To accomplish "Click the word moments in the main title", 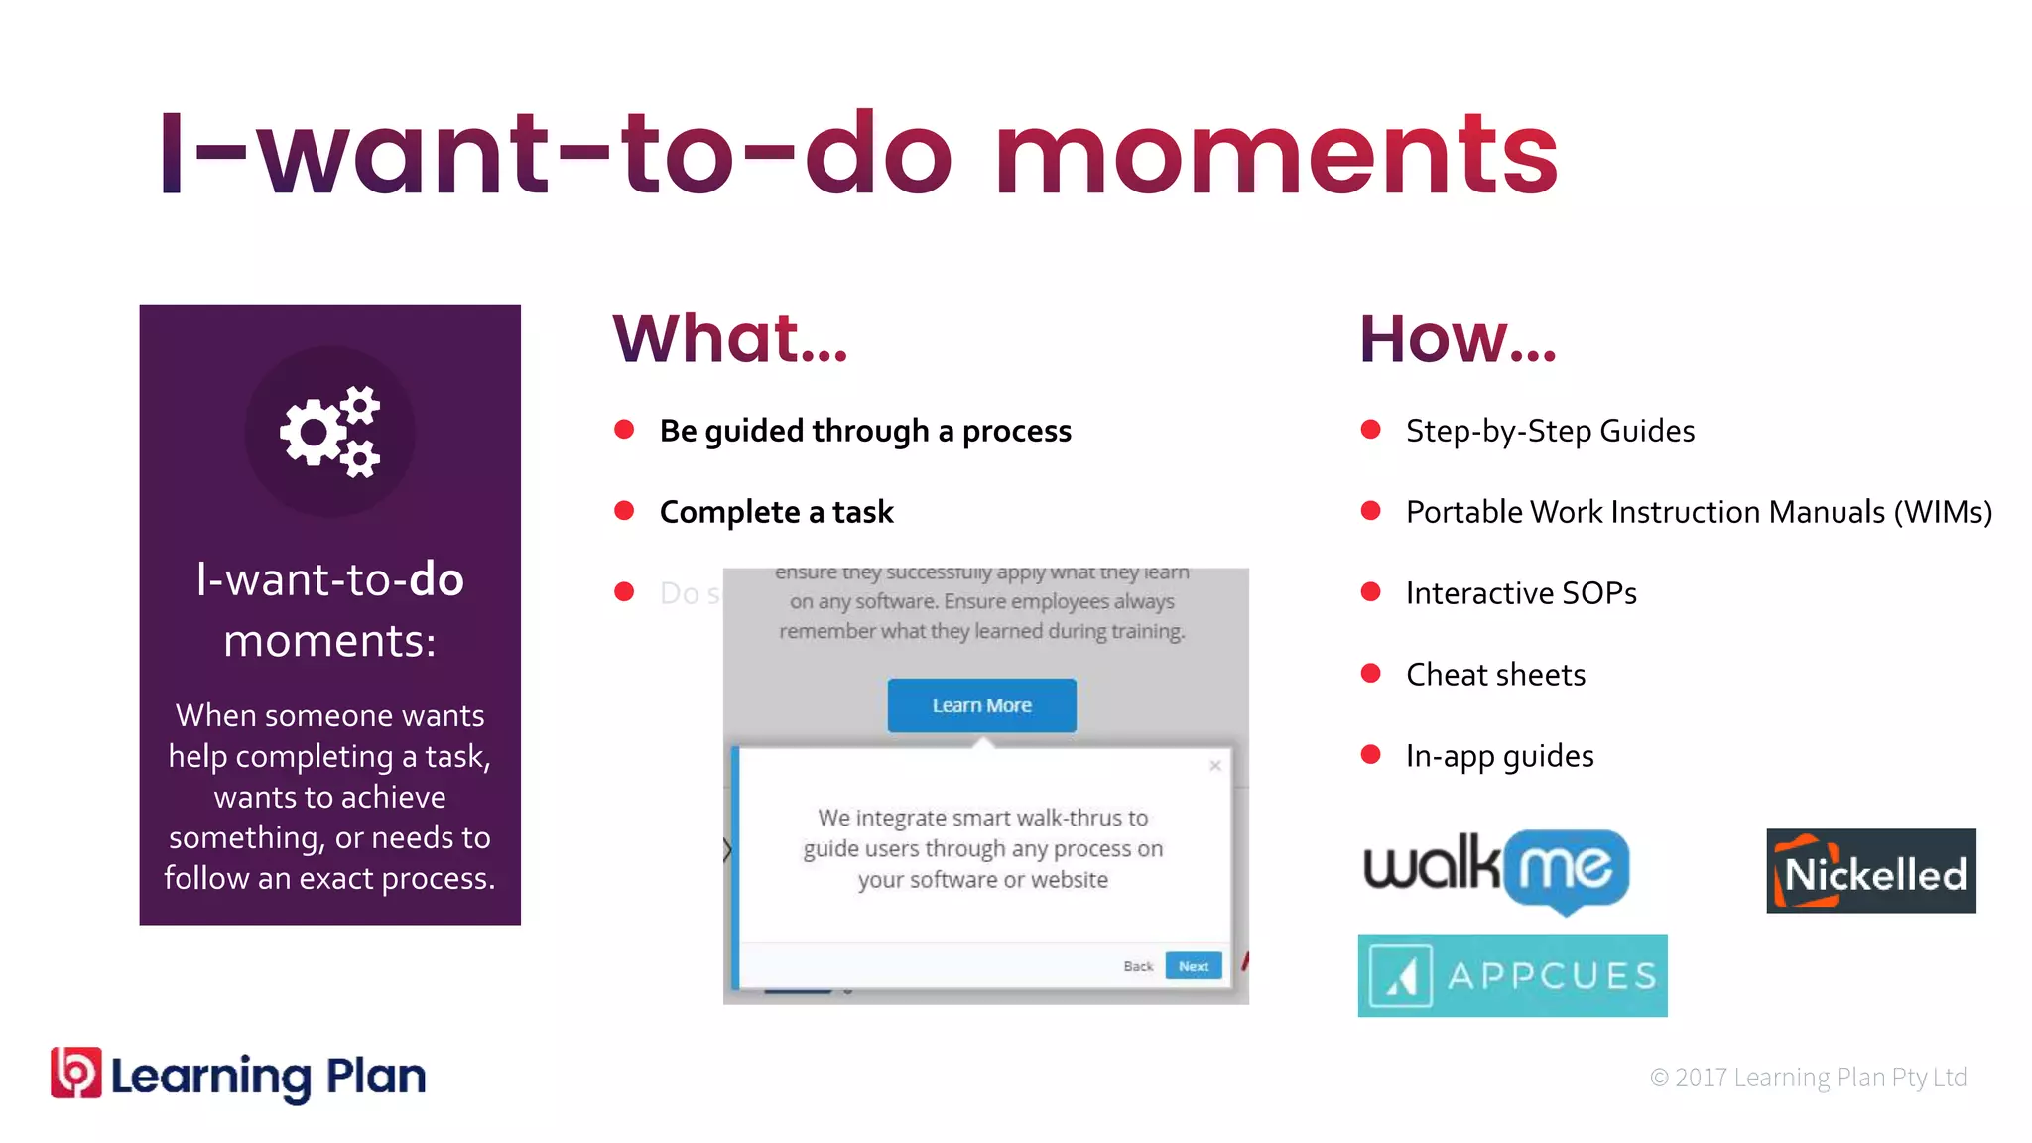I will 1278,154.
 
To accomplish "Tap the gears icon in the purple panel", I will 329,432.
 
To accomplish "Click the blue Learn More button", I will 981,705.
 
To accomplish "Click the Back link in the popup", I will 1138,966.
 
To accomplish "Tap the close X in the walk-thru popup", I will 1215,766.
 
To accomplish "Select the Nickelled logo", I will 1870,871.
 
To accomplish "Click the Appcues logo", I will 1512,975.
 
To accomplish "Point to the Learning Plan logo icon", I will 76,1074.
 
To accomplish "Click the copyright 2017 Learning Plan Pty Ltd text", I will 1808,1078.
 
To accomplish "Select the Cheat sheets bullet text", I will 1495,675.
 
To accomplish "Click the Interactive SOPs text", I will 1521,593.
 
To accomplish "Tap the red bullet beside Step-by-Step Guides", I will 1371,430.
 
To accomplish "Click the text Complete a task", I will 776,512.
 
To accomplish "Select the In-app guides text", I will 1499,756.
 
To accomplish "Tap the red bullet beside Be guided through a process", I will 624,430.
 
